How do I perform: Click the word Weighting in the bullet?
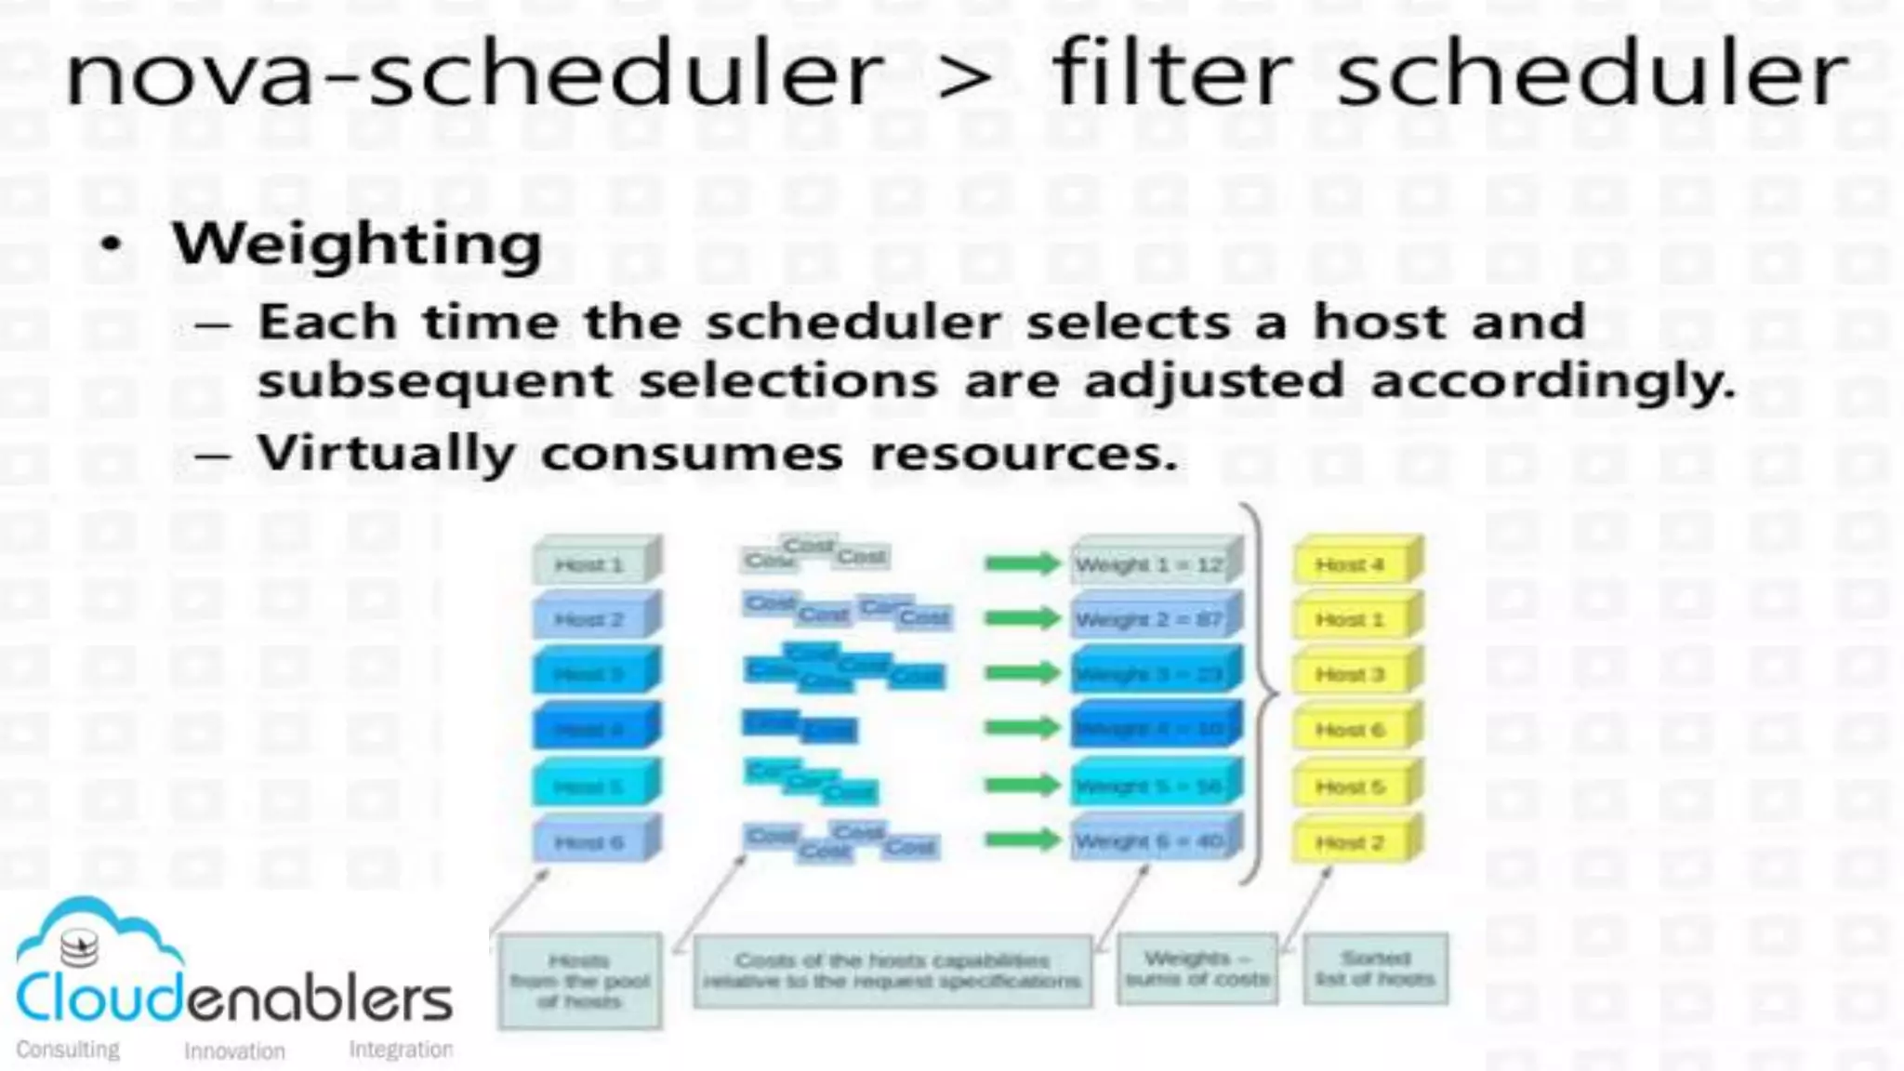click(357, 245)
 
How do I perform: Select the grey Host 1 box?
click(591, 564)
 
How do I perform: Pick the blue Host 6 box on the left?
click(591, 842)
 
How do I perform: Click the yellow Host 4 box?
click(1353, 564)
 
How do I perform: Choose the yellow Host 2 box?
click(1353, 842)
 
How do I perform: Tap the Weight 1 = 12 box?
click(1151, 564)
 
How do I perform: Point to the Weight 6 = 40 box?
click(1151, 841)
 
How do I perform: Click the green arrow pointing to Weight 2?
click(1022, 618)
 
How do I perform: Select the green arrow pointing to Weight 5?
click(1022, 786)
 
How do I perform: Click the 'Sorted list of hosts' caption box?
click(1375, 969)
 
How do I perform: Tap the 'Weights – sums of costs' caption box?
click(1197, 969)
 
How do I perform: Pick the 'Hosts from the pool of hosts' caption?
click(579, 981)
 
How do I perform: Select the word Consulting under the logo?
click(68, 1050)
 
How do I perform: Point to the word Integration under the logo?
click(401, 1050)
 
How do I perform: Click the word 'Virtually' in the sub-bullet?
click(386, 454)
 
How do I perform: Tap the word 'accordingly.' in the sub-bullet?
click(1553, 381)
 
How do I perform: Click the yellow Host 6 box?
click(1353, 731)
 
